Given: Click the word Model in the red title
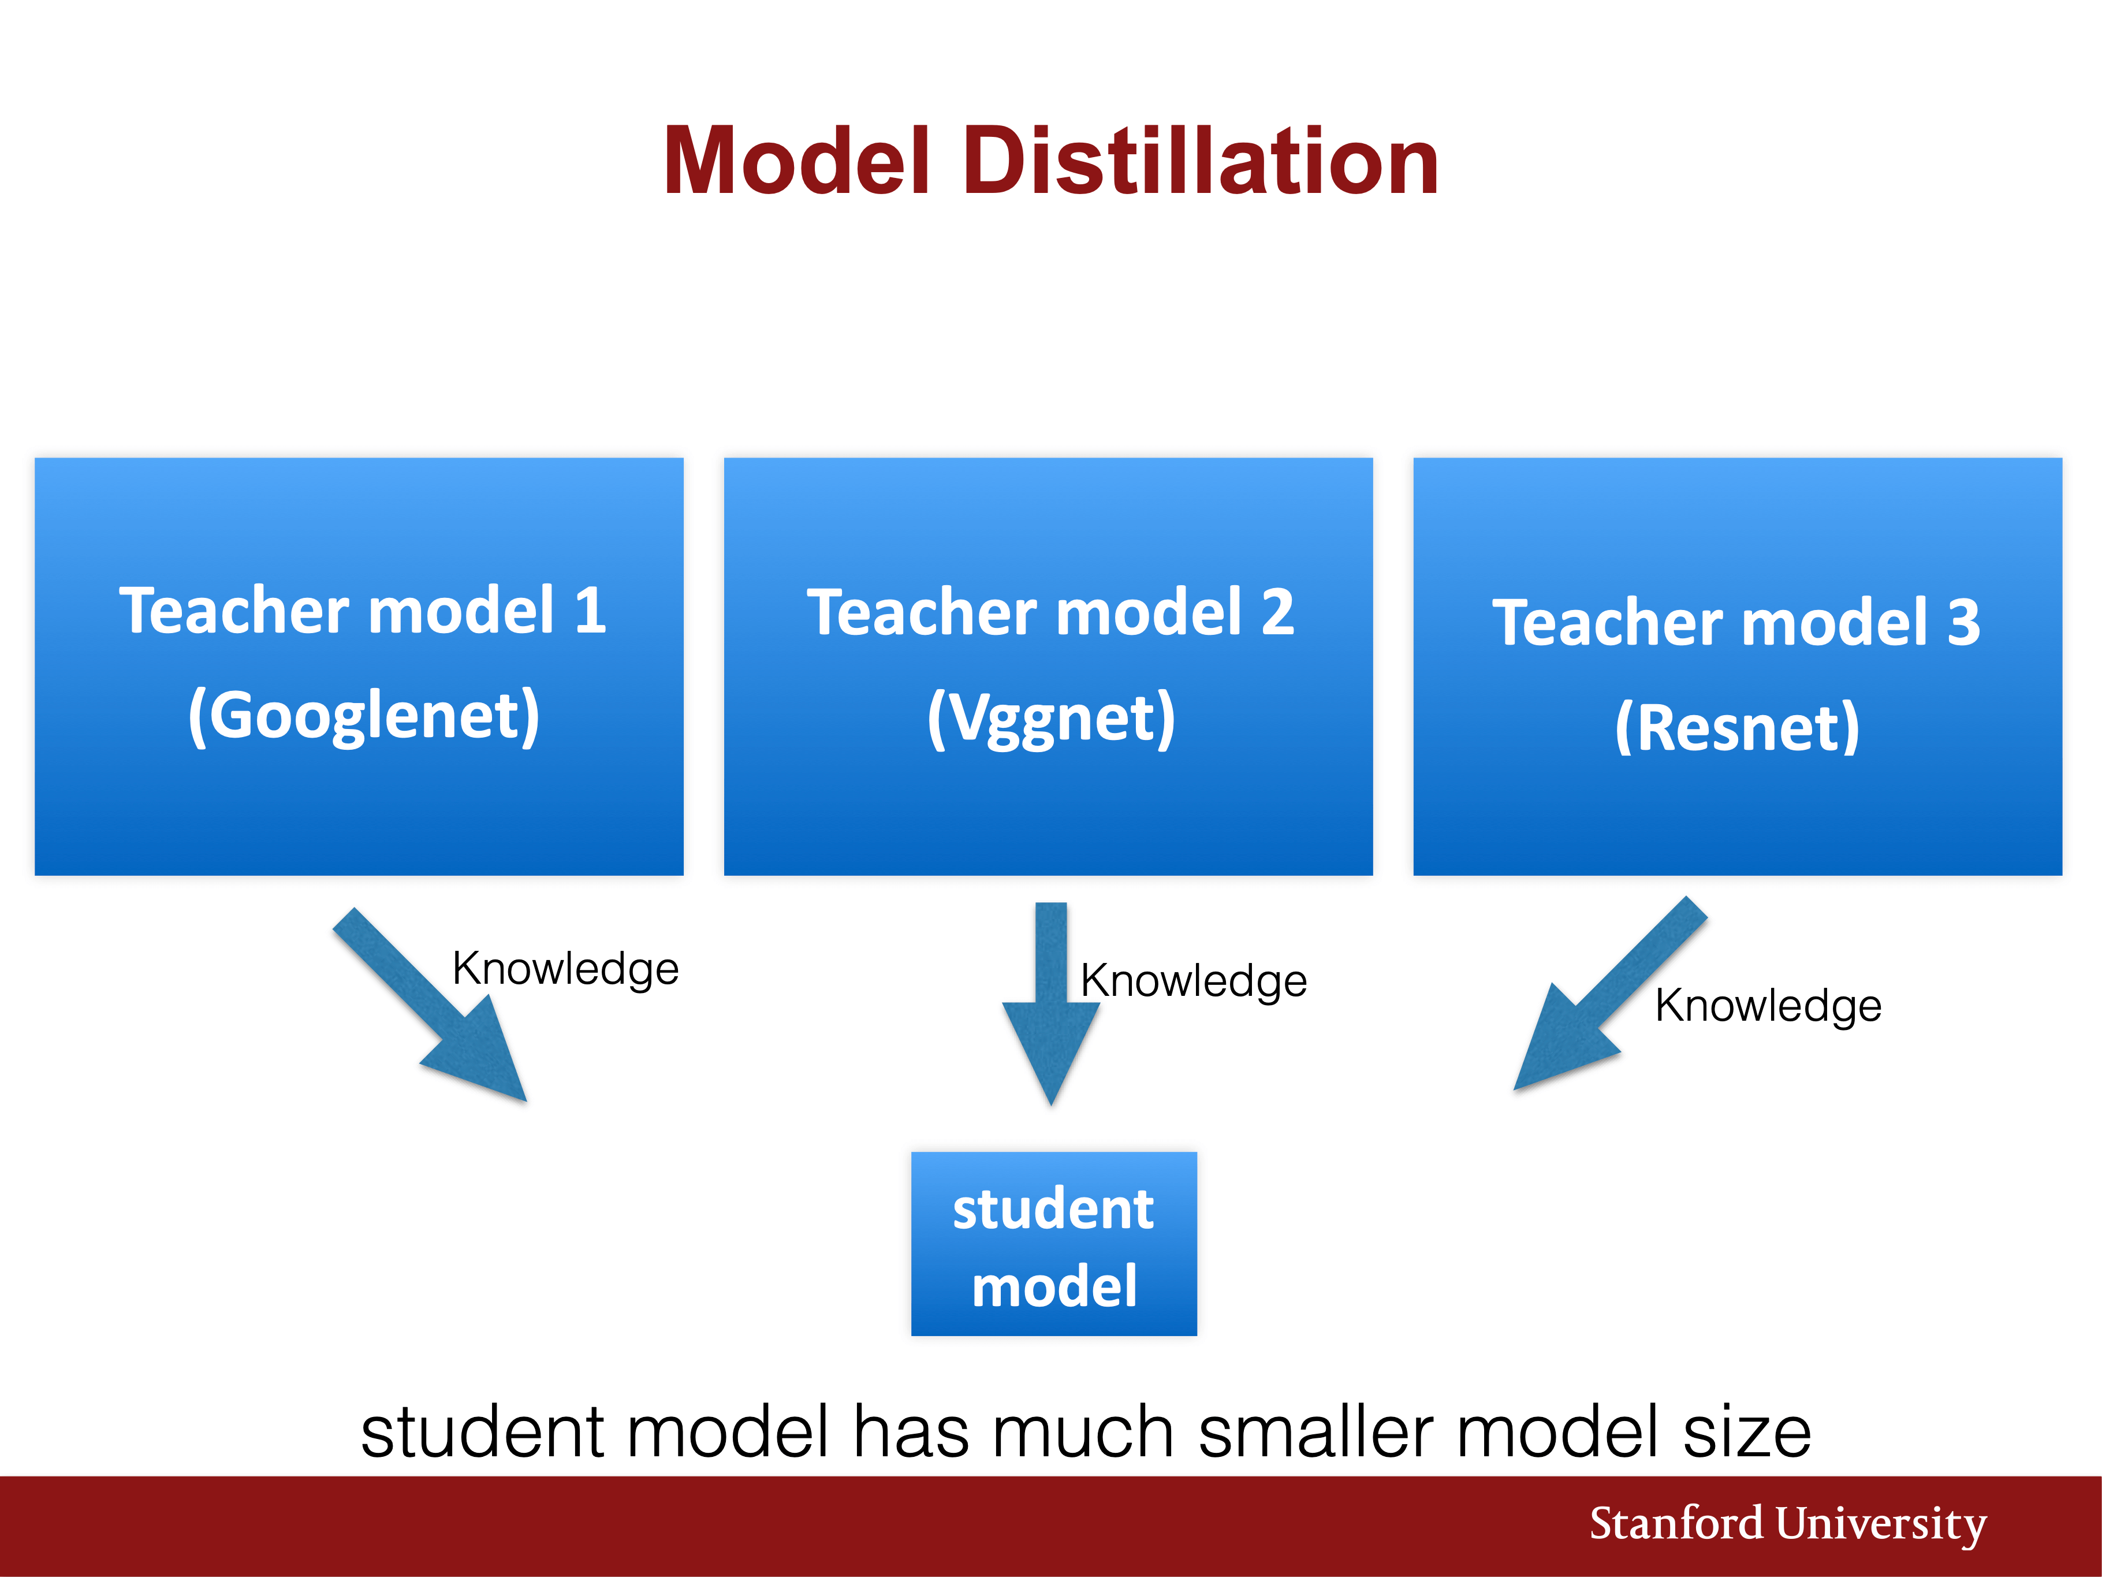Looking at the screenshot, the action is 796,162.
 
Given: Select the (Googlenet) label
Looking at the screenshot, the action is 364,716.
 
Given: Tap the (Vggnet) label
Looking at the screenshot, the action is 1051,719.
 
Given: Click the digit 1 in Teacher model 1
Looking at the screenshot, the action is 591,610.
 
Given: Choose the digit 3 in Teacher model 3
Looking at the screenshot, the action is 1963,623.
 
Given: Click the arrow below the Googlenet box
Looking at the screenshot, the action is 430,1005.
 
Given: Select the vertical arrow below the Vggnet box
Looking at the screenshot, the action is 1051,1004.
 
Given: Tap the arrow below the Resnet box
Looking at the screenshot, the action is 1611,994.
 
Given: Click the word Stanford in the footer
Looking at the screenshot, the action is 1676,1524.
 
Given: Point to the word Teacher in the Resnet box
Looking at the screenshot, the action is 1607,623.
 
